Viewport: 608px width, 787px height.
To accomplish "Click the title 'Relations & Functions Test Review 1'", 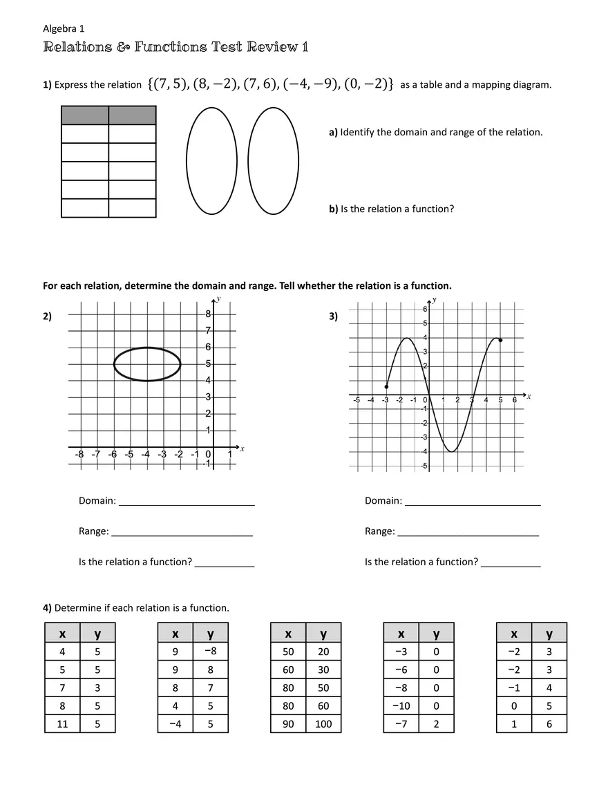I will pyautogui.click(x=175, y=47).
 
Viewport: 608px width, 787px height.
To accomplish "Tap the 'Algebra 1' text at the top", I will pyautogui.click(x=64, y=28).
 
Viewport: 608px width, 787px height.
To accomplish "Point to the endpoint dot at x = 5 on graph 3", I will pyautogui.click(x=500, y=340).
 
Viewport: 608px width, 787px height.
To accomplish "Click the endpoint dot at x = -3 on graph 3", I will pyautogui.click(x=386, y=386).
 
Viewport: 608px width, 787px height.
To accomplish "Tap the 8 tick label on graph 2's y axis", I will pyautogui.click(x=208, y=314).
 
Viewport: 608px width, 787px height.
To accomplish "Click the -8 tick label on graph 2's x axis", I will pyautogui.click(x=79, y=454).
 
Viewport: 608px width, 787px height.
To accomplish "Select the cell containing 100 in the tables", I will pyautogui.click(x=323, y=723).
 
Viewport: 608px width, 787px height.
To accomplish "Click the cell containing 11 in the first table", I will pyautogui.click(x=62, y=723).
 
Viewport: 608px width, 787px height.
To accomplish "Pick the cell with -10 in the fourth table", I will pyautogui.click(x=401, y=705).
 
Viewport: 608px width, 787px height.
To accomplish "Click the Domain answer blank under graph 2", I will pyautogui.click(x=187, y=501).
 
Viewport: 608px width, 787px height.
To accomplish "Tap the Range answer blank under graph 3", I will pyautogui.click(x=468, y=531).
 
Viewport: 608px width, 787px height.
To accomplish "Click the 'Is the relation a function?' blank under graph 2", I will pyautogui.click(x=225, y=562).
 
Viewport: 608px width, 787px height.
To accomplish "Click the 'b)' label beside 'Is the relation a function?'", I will pyautogui.click(x=334, y=209).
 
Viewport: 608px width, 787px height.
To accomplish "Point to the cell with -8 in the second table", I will pyautogui.click(x=210, y=651).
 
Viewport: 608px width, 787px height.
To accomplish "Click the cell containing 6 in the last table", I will pyautogui.click(x=549, y=723).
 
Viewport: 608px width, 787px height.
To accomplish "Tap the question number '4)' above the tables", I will pyautogui.click(x=48, y=608).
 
